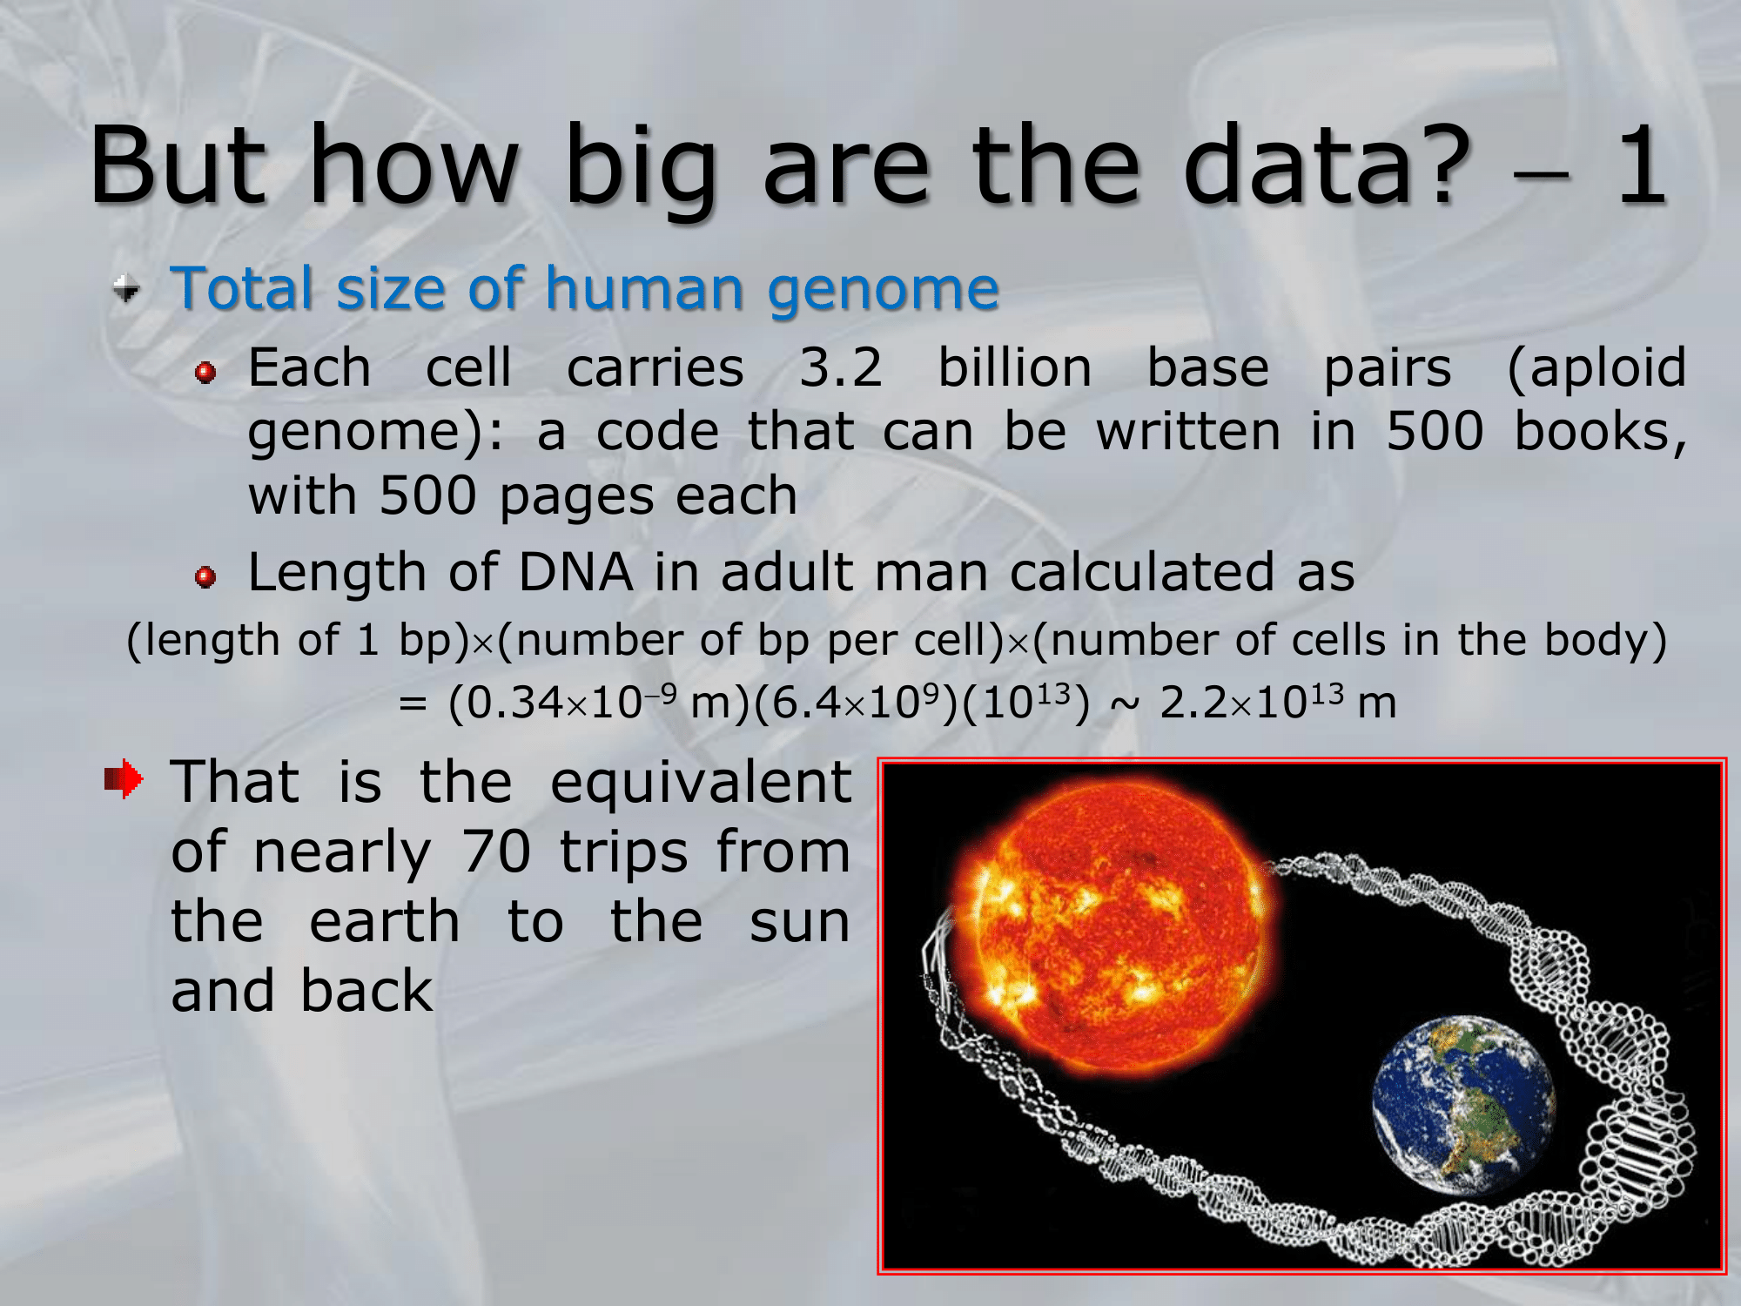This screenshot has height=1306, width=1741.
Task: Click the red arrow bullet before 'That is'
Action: click(x=124, y=779)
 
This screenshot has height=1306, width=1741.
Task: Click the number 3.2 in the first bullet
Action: click(x=841, y=367)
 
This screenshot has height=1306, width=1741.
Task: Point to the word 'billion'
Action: click(x=1014, y=367)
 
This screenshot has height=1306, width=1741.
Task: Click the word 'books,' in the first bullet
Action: click(x=1601, y=433)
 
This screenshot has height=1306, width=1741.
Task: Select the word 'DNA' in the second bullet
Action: click(x=575, y=572)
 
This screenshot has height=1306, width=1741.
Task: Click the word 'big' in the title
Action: click(x=641, y=170)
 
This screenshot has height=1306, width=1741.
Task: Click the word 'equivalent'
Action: click(x=701, y=784)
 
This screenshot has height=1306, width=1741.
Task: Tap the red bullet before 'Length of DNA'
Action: click(x=205, y=577)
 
